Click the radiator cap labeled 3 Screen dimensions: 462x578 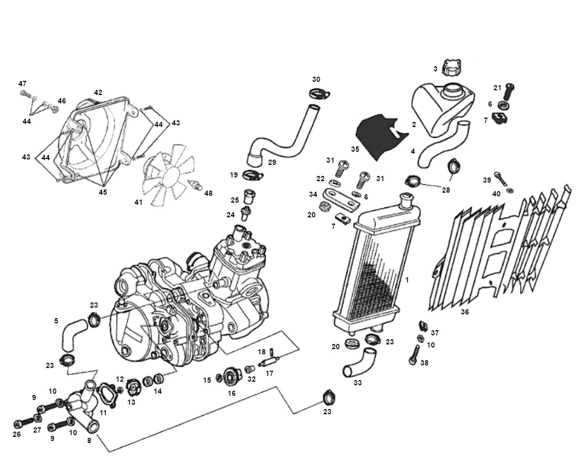[x=451, y=68]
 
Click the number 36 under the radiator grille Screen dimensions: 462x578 [x=465, y=312]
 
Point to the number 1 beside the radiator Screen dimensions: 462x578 [x=407, y=280]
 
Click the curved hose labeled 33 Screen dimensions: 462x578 [x=356, y=366]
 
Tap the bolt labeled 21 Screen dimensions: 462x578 [x=509, y=92]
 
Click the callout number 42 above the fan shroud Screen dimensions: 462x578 [x=98, y=92]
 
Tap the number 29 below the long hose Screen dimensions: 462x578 [x=272, y=162]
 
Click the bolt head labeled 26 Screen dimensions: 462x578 [x=19, y=423]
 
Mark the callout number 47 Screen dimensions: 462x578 [x=22, y=83]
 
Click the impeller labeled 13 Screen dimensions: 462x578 [x=132, y=392]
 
